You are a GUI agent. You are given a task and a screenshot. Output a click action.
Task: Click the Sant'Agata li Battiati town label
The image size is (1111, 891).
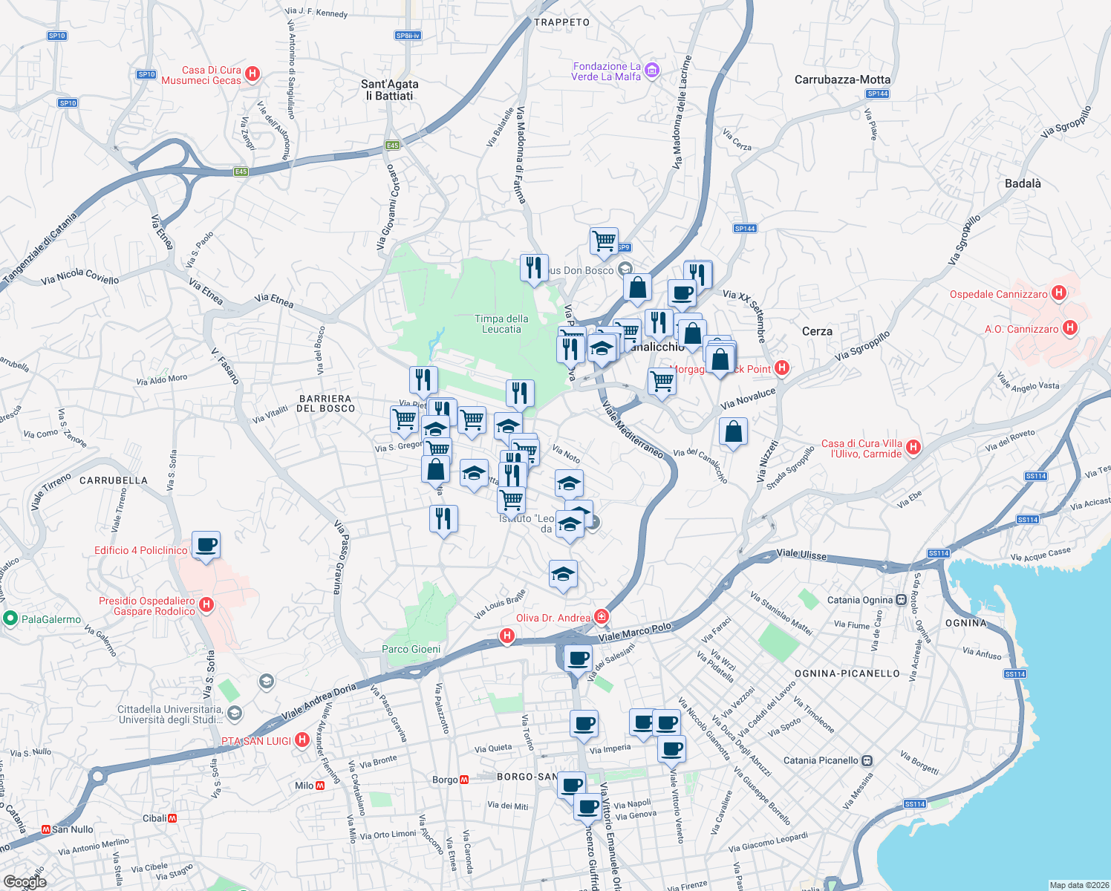tap(389, 90)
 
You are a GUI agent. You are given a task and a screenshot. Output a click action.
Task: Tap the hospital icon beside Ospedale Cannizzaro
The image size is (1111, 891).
tap(1059, 293)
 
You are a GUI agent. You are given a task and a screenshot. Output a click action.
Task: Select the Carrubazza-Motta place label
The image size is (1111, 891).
tap(842, 79)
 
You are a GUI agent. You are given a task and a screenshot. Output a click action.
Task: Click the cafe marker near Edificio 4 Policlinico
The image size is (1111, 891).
tap(206, 545)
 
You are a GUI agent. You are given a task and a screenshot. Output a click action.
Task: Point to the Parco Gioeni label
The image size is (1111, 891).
tap(411, 649)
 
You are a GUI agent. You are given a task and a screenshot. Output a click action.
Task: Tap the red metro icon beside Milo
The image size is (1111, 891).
tap(320, 786)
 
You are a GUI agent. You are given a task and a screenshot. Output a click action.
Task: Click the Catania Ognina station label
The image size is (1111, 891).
tap(860, 600)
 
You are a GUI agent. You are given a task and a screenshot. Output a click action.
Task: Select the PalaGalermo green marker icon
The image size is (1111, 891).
tap(10, 619)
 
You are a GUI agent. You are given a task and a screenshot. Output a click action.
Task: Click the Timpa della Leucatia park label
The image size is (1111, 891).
tap(501, 324)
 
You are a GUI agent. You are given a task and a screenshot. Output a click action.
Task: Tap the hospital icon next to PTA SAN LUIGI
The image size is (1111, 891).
tap(302, 740)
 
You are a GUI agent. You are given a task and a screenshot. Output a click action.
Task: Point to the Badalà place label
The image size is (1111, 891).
tap(1022, 183)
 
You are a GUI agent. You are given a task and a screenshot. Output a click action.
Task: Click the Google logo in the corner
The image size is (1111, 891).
tap(25, 881)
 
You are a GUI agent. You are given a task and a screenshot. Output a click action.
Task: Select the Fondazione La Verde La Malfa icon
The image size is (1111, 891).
tap(652, 71)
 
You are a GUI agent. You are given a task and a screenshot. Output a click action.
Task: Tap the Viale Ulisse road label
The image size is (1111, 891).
tap(801, 555)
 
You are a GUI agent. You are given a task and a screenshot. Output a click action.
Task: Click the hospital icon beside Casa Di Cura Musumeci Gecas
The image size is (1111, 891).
tap(252, 74)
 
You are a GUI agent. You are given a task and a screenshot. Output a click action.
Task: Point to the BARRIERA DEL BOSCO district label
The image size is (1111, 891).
tap(325, 403)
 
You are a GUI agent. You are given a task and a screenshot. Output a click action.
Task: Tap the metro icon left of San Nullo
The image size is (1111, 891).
tap(46, 829)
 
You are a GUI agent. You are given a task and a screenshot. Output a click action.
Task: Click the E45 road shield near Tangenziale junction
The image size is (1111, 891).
tap(241, 172)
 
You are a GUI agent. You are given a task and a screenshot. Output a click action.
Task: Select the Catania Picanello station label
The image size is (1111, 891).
tap(821, 760)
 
